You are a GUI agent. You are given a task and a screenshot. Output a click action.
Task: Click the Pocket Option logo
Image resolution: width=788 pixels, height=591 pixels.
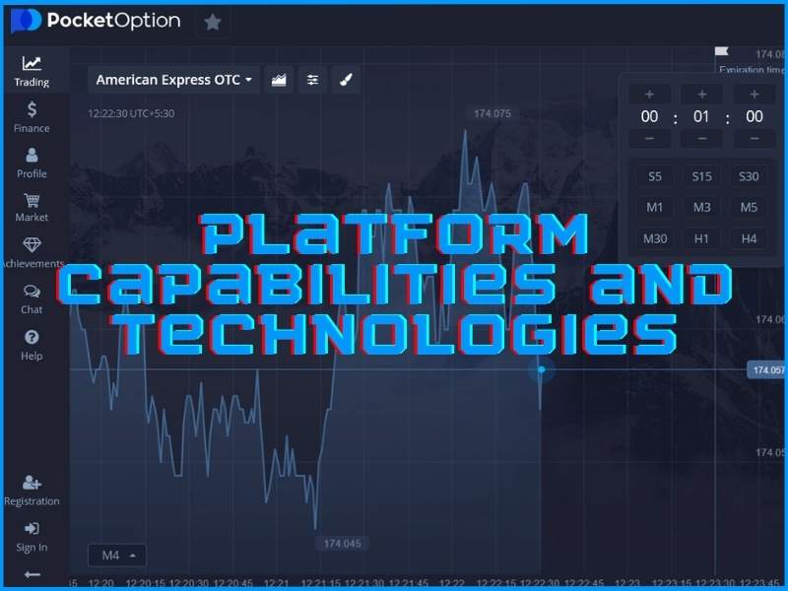click(96, 21)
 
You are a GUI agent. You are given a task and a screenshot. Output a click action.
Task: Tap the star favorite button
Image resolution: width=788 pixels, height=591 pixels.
click(213, 22)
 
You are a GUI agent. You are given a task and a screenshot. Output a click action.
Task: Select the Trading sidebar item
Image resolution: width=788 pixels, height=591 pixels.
click(32, 71)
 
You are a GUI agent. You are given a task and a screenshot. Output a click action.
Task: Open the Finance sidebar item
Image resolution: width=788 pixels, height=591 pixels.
click(32, 116)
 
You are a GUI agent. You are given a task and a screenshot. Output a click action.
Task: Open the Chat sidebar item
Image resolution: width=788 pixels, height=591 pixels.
click(32, 297)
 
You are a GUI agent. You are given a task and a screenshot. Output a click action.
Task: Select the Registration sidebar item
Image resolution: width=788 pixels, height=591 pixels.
click(32, 490)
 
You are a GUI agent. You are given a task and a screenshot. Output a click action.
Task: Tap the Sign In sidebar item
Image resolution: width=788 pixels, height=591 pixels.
click(32, 536)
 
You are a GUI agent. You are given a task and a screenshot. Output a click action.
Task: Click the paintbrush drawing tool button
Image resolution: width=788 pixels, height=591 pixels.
click(346, 80)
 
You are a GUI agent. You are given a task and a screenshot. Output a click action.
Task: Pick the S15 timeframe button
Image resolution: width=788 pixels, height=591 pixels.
click(701, 176)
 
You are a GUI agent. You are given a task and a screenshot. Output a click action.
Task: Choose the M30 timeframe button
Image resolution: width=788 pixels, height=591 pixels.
click(655, 238)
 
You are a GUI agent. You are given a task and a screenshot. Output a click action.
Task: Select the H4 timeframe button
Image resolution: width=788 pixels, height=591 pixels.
click(749, 238)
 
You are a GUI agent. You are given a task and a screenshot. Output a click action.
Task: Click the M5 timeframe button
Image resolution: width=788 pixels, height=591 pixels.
click(749, 207)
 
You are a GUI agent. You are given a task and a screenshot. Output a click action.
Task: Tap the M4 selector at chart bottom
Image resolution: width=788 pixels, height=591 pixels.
click(117, 556)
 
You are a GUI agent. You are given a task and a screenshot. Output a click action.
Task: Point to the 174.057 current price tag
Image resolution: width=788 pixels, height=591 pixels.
click(767, 370)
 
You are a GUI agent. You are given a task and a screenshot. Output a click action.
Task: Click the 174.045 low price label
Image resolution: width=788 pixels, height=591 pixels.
click(342, 543)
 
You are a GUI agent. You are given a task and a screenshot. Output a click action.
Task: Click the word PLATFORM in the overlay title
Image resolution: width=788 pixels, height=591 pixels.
click(394, 236)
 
